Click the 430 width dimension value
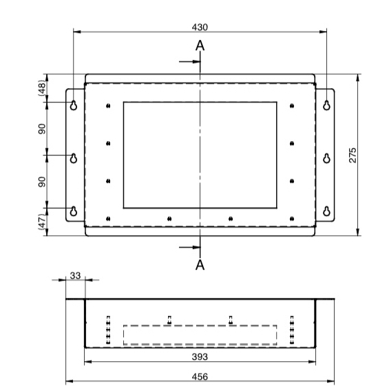click(x=200, y=27)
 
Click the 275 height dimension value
click(x=353, y=154)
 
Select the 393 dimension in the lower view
click(x=200, y=357)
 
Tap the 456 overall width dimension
click(x=200, y=376)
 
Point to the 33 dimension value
click(x=76, y=275)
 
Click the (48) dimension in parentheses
click(x=41, y=89)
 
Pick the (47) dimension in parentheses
click(x=41, y=222)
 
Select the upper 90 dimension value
click(x=41, y=129)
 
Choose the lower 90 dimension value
click(x=41, y=182)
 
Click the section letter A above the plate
click(x=200, y=46)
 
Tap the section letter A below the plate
click(x=200, y=264)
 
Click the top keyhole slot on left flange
click(x=74, y=105)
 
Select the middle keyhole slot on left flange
click(x=74, y=158)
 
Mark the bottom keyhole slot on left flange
click(x=74, y=211)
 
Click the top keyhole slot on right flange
click(x=326, y=105)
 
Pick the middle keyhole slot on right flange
click(x=326, y=158)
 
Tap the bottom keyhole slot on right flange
click(x=326, y=211)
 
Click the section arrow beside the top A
click(x=189, y=61)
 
